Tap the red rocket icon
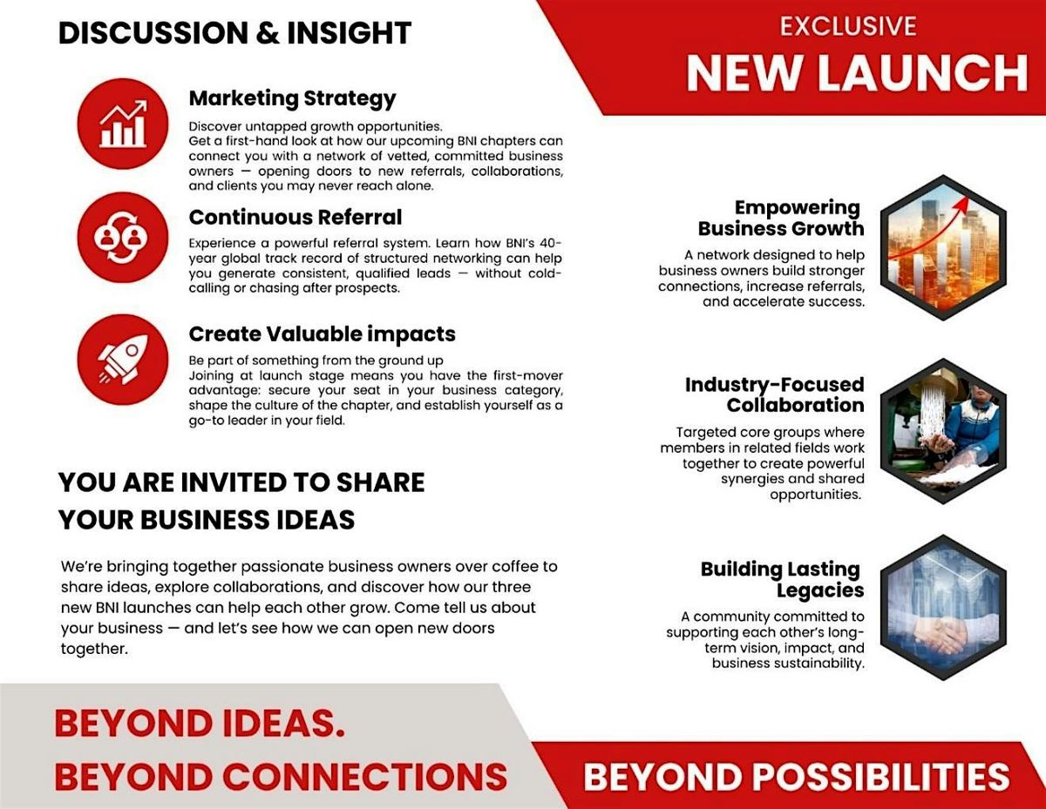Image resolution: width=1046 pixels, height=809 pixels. pyautogui.click(x=123, y=360)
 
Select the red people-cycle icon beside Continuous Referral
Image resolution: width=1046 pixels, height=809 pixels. pyautogui.click(x=123, y=237)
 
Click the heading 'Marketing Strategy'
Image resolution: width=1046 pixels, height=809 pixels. pyautogui.click(x=292, y=98)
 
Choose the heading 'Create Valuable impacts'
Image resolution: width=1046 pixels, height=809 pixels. pyautogui.click(x=322, y=334)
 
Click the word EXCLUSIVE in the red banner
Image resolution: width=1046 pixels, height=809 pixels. pyautogui.click(x=848, y=26)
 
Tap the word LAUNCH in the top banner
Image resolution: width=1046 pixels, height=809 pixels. pyautogui.click(x=927, y=73)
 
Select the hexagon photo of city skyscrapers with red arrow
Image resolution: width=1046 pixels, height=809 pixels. pyautogui.click(x=942, y=247)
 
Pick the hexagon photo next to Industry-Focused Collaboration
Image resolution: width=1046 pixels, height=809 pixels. pyautogui.click(x=942, y=430)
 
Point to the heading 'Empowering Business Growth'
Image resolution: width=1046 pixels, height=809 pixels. pyautogui.click(x=781, y=218)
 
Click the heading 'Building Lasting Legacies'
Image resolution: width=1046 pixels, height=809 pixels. pyautogui.click(x=782, y=579)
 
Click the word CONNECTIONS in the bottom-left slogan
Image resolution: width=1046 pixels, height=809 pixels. pyautogui.click(x=366, y=775)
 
